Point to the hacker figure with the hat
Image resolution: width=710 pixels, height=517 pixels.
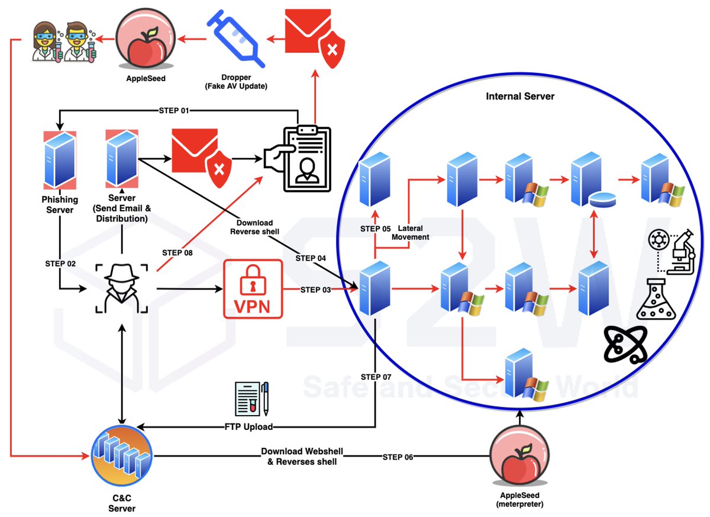tap(121, 288)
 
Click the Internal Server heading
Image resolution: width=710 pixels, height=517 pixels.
tap(520, 96)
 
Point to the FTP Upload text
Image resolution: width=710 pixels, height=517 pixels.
tap(248, 426)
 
